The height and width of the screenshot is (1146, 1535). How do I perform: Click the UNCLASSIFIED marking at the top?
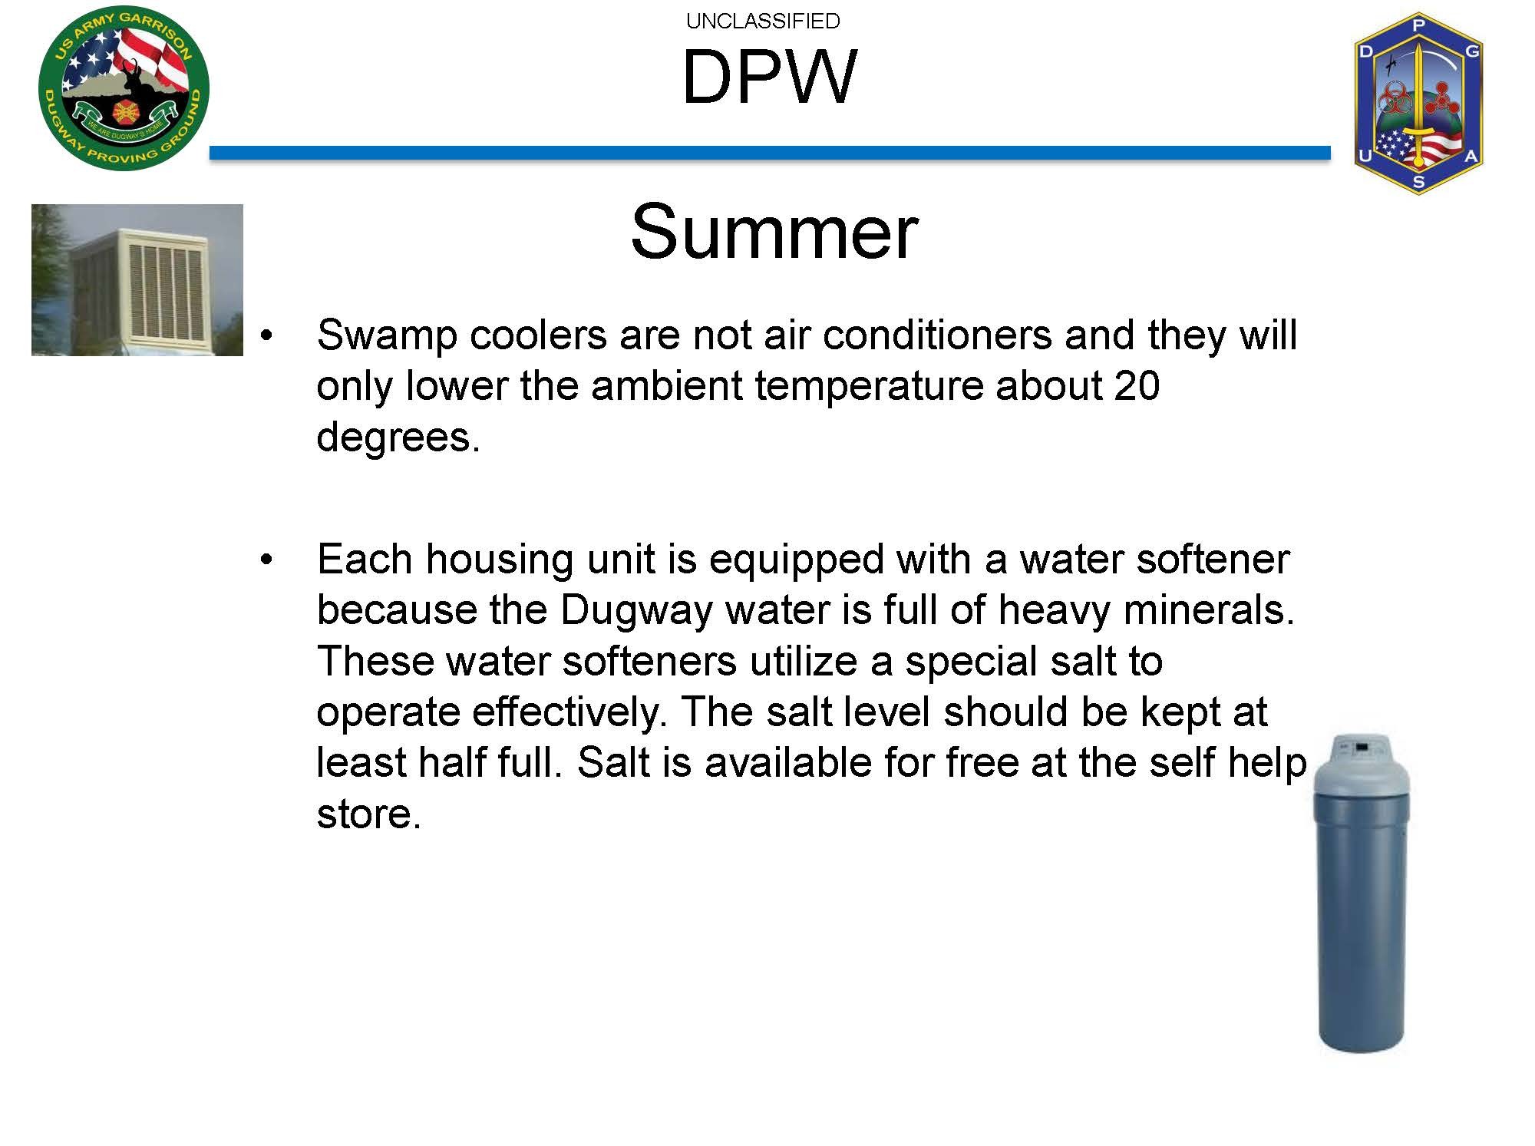(763, 21)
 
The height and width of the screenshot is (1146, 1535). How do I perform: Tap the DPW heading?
(769, 77)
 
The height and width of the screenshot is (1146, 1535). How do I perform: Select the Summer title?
(774, 231)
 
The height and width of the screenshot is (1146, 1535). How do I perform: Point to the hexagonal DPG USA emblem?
(1418, 103)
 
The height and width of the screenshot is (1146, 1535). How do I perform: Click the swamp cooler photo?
(137, 279)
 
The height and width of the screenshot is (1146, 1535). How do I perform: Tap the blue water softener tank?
(1361, 893)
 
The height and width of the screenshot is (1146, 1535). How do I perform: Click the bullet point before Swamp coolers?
(266, 336)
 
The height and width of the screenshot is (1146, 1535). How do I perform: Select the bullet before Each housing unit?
(266, 560)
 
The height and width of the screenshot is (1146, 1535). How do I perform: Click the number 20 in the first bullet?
(1136, 385)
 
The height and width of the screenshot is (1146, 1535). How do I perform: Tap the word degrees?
(398, 438)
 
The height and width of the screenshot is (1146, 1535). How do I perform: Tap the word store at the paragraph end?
(368, 814)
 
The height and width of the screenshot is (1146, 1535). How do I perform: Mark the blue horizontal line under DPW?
(770, 154)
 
